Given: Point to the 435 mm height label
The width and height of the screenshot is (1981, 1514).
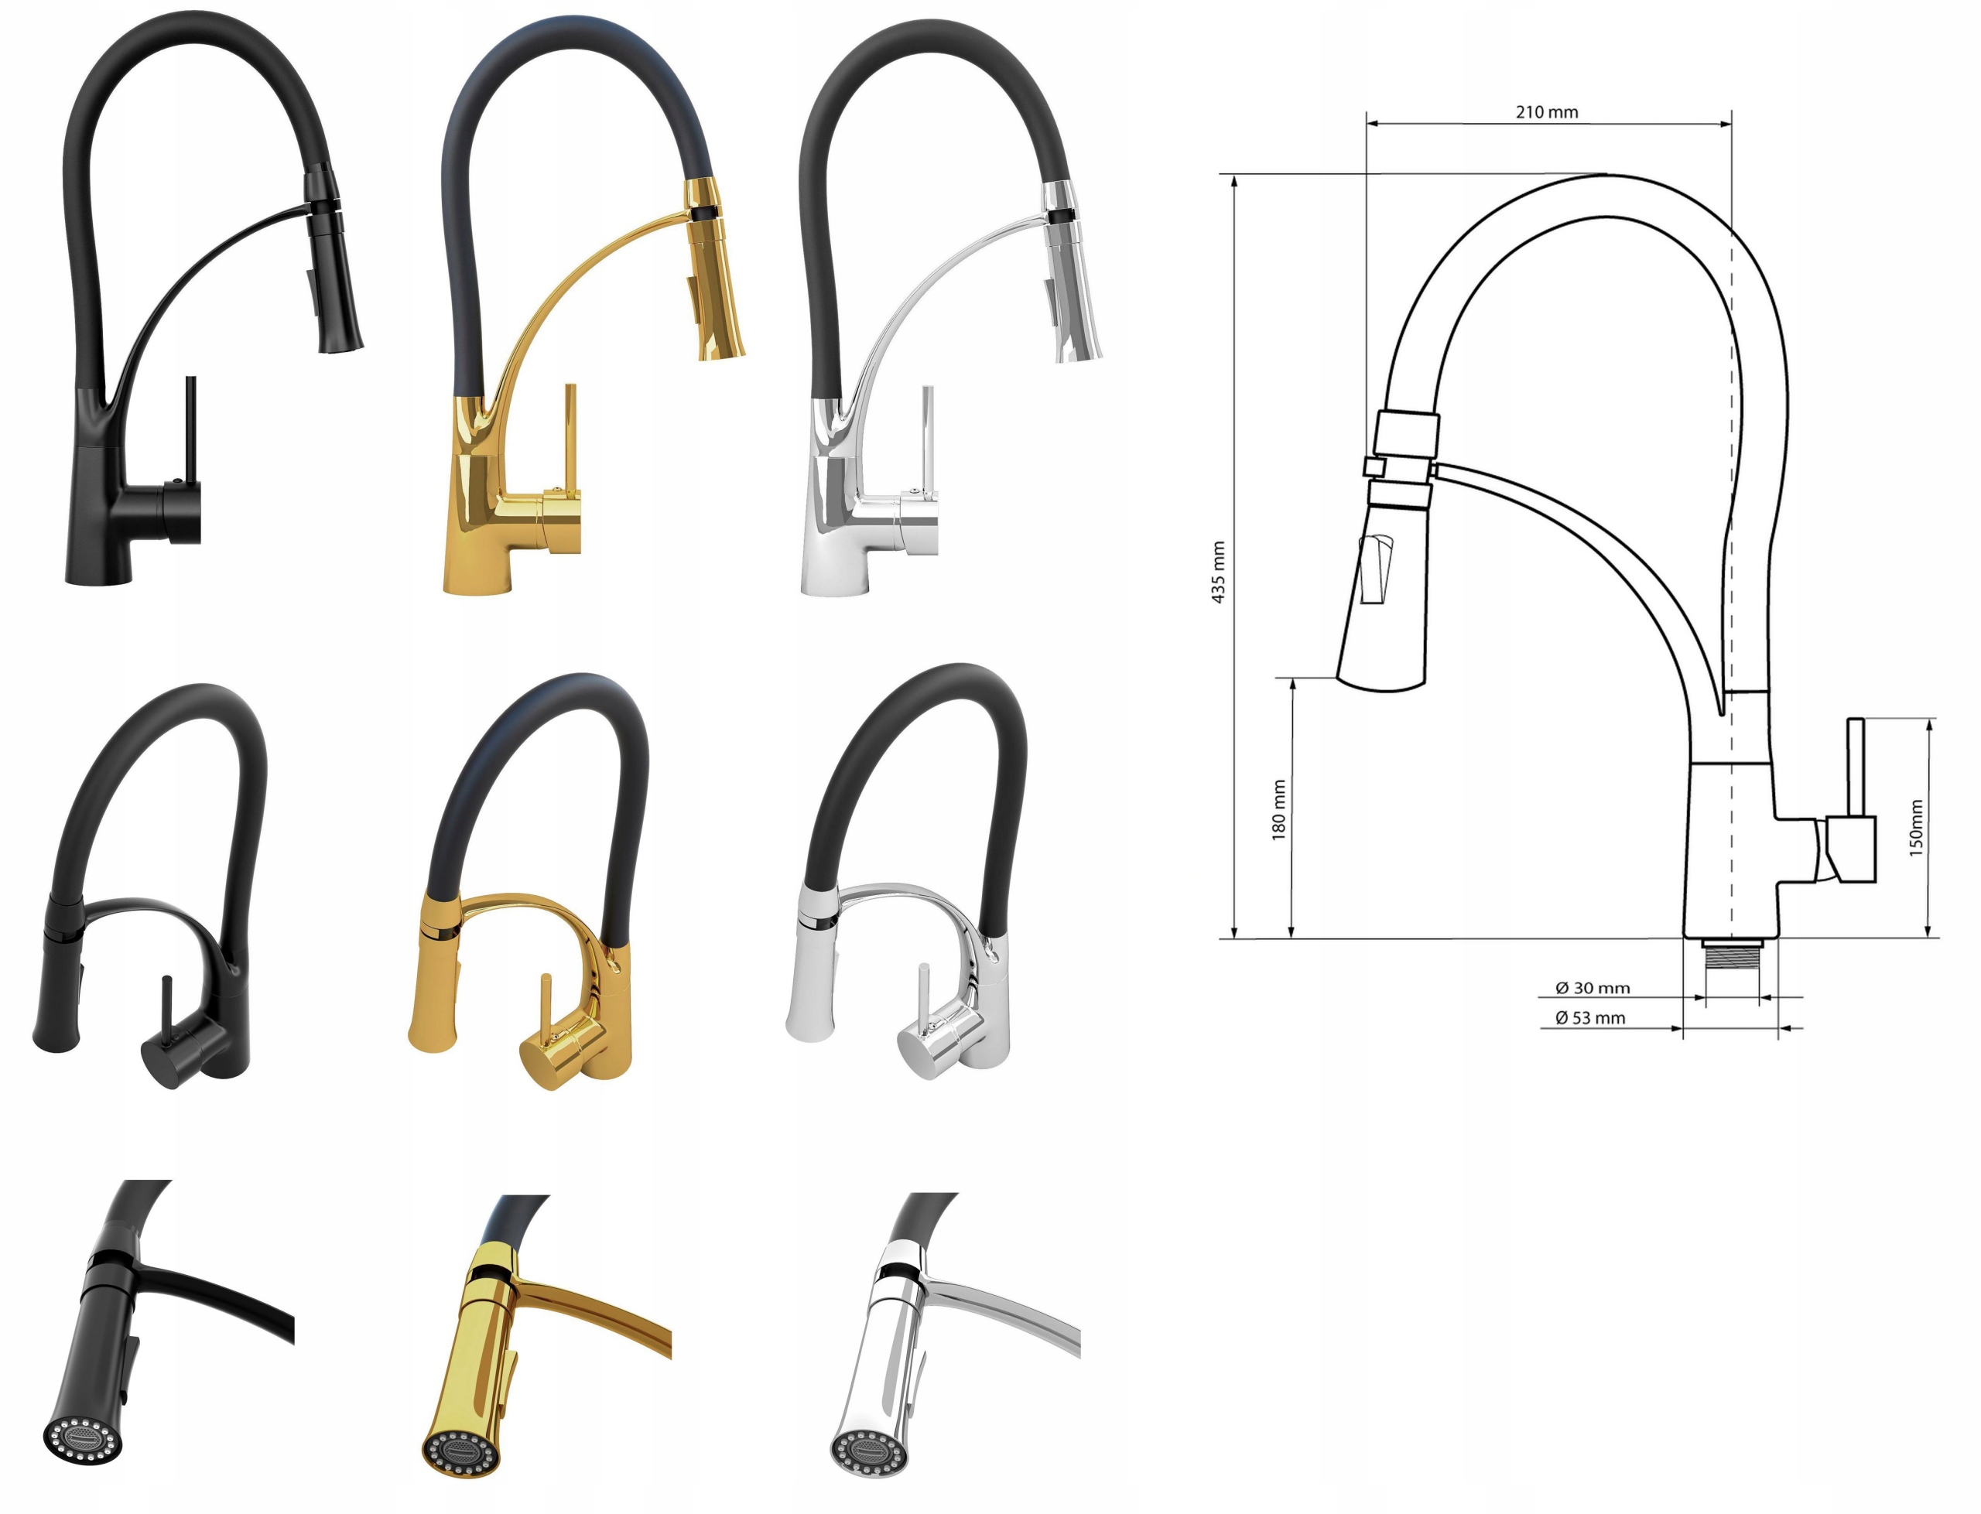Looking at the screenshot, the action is (x=1219, y=572).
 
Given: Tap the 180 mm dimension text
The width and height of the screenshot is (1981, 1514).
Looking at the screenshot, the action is (x=1278, y=810).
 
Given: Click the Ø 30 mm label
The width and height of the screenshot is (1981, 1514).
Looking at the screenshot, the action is (x=1593, y=988).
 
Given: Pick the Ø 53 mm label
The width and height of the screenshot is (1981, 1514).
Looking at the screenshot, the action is (x=1591, y=1017).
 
